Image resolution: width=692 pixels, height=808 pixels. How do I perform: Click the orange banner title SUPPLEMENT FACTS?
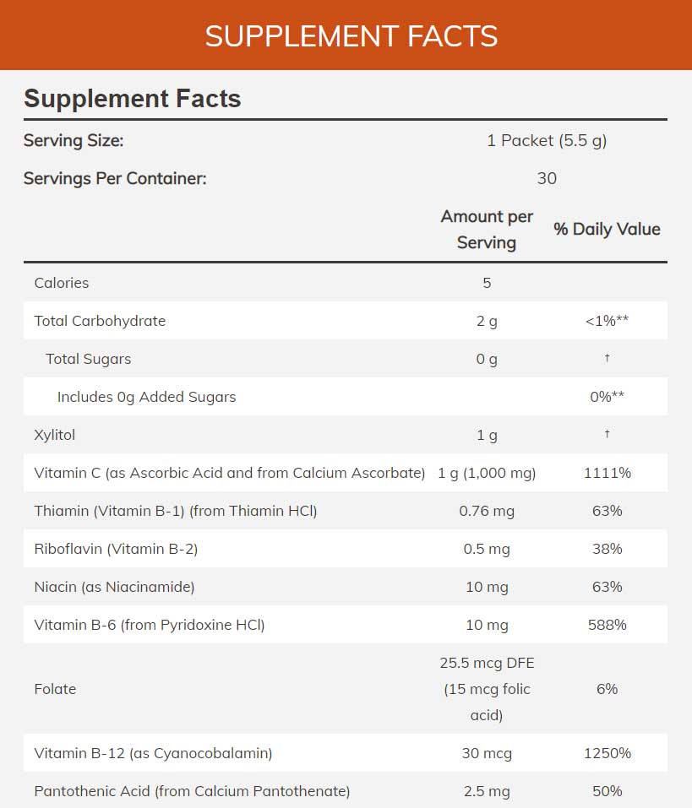(x=351, y=36)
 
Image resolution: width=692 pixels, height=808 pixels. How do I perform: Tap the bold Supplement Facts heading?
(x=133, y=99)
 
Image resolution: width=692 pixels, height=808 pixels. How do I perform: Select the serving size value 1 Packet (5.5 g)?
(x=547, y=141)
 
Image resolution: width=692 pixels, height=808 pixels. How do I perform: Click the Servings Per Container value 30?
(x=547, y=178)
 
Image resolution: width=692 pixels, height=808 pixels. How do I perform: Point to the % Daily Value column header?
(x=607, y=229)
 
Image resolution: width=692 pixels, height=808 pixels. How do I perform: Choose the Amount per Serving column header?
(x=487, y=230)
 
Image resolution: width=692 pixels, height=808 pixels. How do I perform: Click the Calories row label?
(x=62, y=283)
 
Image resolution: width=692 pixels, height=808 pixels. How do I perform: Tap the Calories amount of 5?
(x=487, y=283)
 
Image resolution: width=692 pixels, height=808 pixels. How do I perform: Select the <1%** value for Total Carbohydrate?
(x=607, y=321)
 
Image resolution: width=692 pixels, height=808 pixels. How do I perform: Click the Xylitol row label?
(x=55, y=435)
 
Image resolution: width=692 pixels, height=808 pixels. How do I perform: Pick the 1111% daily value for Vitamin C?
(x=607, y=473)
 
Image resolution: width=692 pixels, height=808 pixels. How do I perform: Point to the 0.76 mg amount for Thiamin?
(x=487, y=511)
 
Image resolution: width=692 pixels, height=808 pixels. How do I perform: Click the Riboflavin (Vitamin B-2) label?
(x=116, y=549)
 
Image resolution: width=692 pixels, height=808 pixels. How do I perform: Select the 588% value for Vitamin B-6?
(x=607, y=625)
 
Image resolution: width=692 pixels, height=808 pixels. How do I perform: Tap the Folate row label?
(x=55, y=689)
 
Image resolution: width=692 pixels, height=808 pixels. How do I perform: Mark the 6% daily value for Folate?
(x=607, y=689)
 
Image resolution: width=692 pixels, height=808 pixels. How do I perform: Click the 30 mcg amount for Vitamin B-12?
(x=487, y=753)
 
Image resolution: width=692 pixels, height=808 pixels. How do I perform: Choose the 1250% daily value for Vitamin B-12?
(x=607, y=753)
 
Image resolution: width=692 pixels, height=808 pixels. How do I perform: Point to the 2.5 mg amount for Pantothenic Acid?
(x=487, y=791)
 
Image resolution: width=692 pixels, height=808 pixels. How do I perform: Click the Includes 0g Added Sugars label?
(x=146, y=397)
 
